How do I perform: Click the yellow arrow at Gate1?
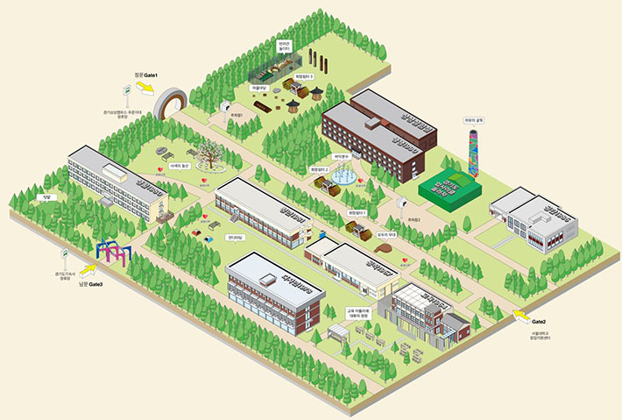pyautogui.click(x=145, y=88)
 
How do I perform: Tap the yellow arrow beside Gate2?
pyautogui.click(x=520, y=314)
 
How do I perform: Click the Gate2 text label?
pyautogui.click(x=538, y=323)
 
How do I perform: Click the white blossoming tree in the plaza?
pyautogui.click(x=210, y=154)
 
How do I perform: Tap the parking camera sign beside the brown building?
pyautogui.click(x=402, y=203)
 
